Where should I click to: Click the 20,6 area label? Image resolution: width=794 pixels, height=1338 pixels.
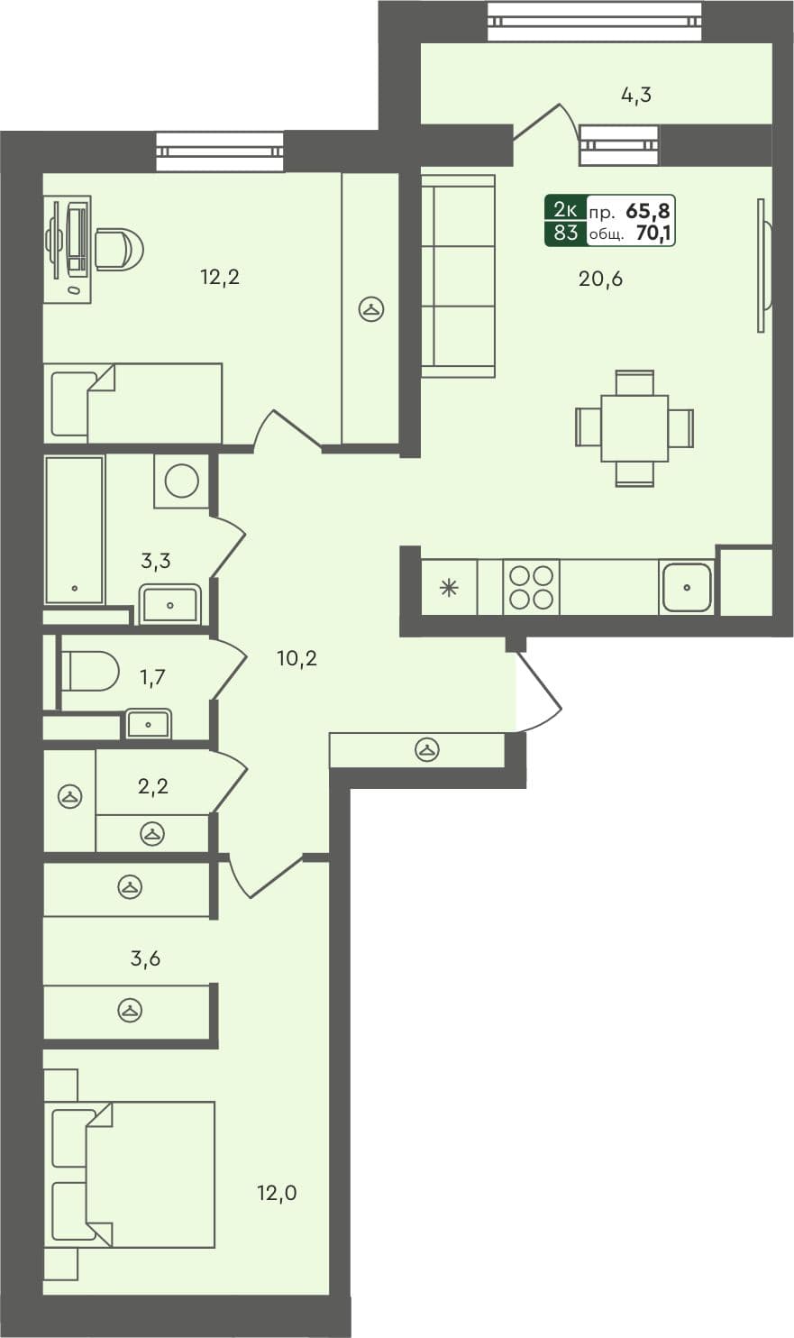600,280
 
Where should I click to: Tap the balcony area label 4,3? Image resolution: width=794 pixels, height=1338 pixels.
635,95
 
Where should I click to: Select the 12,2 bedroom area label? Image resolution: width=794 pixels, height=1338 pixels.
219,278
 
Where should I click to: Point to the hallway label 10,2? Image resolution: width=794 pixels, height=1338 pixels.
297,659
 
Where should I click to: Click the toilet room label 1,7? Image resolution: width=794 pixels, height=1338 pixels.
153,676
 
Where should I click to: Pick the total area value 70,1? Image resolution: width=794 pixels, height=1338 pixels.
654,235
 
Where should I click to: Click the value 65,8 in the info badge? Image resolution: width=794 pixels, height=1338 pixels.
648,212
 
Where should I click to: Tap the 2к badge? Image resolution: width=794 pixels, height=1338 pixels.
565,210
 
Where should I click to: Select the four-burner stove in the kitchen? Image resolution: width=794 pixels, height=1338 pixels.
530,587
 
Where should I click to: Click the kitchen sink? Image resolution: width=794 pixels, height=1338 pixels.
687,588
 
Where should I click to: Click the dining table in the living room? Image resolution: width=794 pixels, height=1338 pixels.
634,428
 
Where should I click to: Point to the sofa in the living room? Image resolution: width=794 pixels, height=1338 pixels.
458,276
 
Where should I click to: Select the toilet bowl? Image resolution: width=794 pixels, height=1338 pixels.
89,672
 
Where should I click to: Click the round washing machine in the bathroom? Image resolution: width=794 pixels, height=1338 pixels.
182,481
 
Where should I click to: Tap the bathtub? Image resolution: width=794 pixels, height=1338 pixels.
74,530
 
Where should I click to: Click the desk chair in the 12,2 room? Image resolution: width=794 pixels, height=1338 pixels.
119,248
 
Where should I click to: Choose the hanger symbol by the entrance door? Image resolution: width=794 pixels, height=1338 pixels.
426,749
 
